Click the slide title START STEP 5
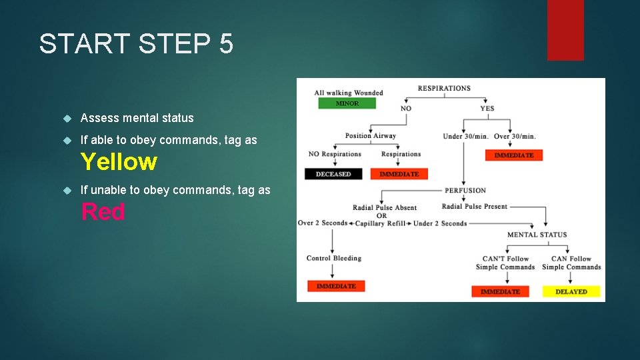(136, 44)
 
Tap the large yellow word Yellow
(119, 162)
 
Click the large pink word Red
(103, 212)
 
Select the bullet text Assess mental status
(137, 118)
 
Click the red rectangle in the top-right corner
(565, 30)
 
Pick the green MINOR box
(346, 103)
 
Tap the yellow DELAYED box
(571, 291)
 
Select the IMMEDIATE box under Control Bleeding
(336, 286)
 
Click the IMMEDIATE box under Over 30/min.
(513, 155)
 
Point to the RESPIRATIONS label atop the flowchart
(444, 88)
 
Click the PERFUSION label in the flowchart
(465, 191)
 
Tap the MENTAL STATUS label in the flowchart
(537, 235)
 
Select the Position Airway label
(370, 136)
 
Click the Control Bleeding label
(333, 258)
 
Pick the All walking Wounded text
(348, 93)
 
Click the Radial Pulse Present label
(474, 207)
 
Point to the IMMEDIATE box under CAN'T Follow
(500, 291)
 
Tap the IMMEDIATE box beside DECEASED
(399, 174)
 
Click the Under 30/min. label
(465, 137)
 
